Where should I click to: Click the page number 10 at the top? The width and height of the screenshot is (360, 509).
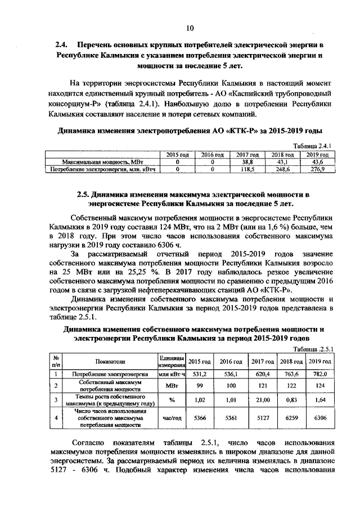coord(190,28)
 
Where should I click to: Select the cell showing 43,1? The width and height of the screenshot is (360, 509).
coord(283,161)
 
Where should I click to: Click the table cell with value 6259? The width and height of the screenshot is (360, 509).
coord(292,419)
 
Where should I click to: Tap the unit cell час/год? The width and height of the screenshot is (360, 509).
coord(171,419)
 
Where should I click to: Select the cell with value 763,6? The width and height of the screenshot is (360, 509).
coord(292,373)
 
